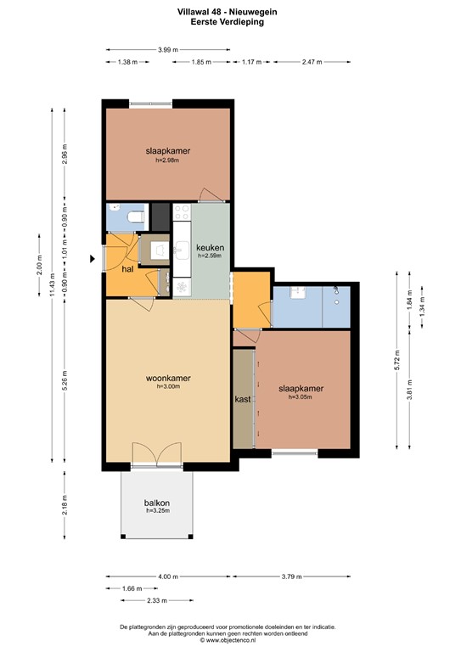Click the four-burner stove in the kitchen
pos(183,213)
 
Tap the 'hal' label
pos(127,268)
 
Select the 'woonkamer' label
pos(166,378)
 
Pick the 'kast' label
pos(242,397)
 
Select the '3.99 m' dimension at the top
pos(167,50)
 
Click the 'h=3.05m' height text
pos(301,396)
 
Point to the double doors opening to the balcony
pos(157,456)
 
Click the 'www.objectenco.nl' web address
pos(230,640)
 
